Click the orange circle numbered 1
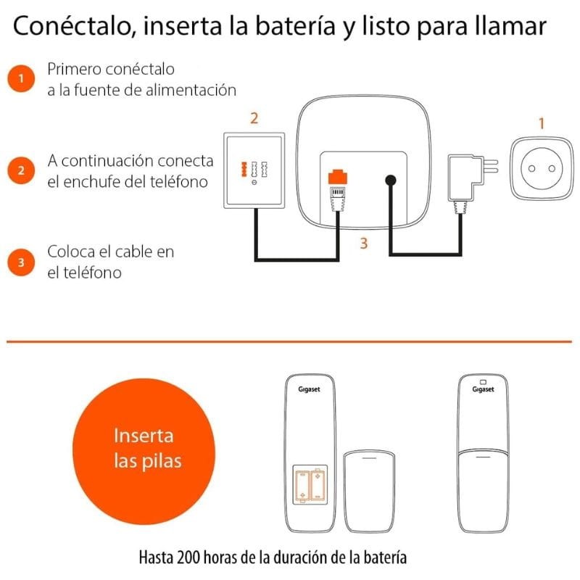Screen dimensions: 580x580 click(22, 78)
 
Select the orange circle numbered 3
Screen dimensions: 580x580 click(22, 262)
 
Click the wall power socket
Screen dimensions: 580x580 click(540, 169)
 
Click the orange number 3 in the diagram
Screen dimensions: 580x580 click(363, 244)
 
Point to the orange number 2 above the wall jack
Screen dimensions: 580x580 click(254, 117)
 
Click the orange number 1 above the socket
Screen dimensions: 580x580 click(540, 123)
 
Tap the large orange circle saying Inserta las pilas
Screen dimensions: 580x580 click(144, 448)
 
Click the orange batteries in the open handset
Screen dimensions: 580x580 click(310, 484)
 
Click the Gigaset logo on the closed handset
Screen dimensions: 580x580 click(483, 389)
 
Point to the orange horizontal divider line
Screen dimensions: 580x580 click(290, 339)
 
